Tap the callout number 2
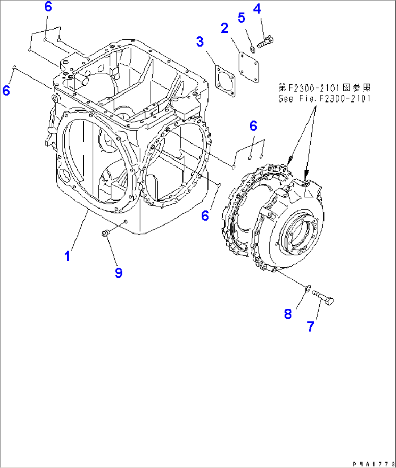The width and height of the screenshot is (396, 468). [225, 28]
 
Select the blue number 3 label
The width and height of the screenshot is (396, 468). [200, 42]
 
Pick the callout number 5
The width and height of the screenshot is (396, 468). [242, 17]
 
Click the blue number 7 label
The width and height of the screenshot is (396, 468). [310, 327]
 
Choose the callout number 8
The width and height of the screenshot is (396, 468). [288, 314]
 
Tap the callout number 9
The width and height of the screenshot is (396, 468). [119, 273]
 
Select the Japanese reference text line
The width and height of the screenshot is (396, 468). [324, 88]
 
